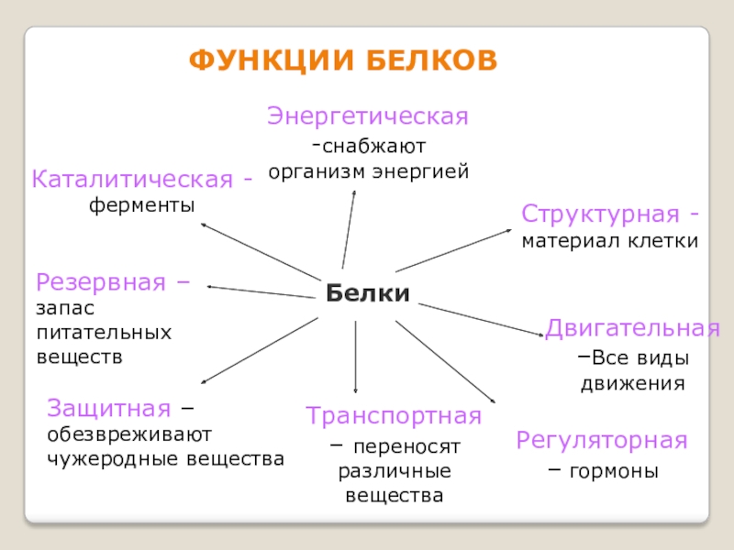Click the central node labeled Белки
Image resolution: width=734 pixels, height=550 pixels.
[x=366, y=293]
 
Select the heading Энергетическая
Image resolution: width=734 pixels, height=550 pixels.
[x=368, y=116]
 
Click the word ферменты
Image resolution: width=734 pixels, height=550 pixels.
[x=142, y=206]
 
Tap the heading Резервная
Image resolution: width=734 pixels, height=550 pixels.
[x=105, y=281]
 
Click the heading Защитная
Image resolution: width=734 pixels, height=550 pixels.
[x=109, y=407]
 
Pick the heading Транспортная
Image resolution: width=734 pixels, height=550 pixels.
[x=394, y=415]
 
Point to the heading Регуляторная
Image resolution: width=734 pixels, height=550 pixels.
[x=601, y=440]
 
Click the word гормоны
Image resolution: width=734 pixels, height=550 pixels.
[x=614, y=473]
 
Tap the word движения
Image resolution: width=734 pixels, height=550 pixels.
[x=633, y=383]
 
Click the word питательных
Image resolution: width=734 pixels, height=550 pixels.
[x=105, y=332]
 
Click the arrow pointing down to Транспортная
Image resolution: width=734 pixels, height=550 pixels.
[x=355, y=357]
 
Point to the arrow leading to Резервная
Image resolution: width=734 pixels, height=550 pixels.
[x=261, y=291]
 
